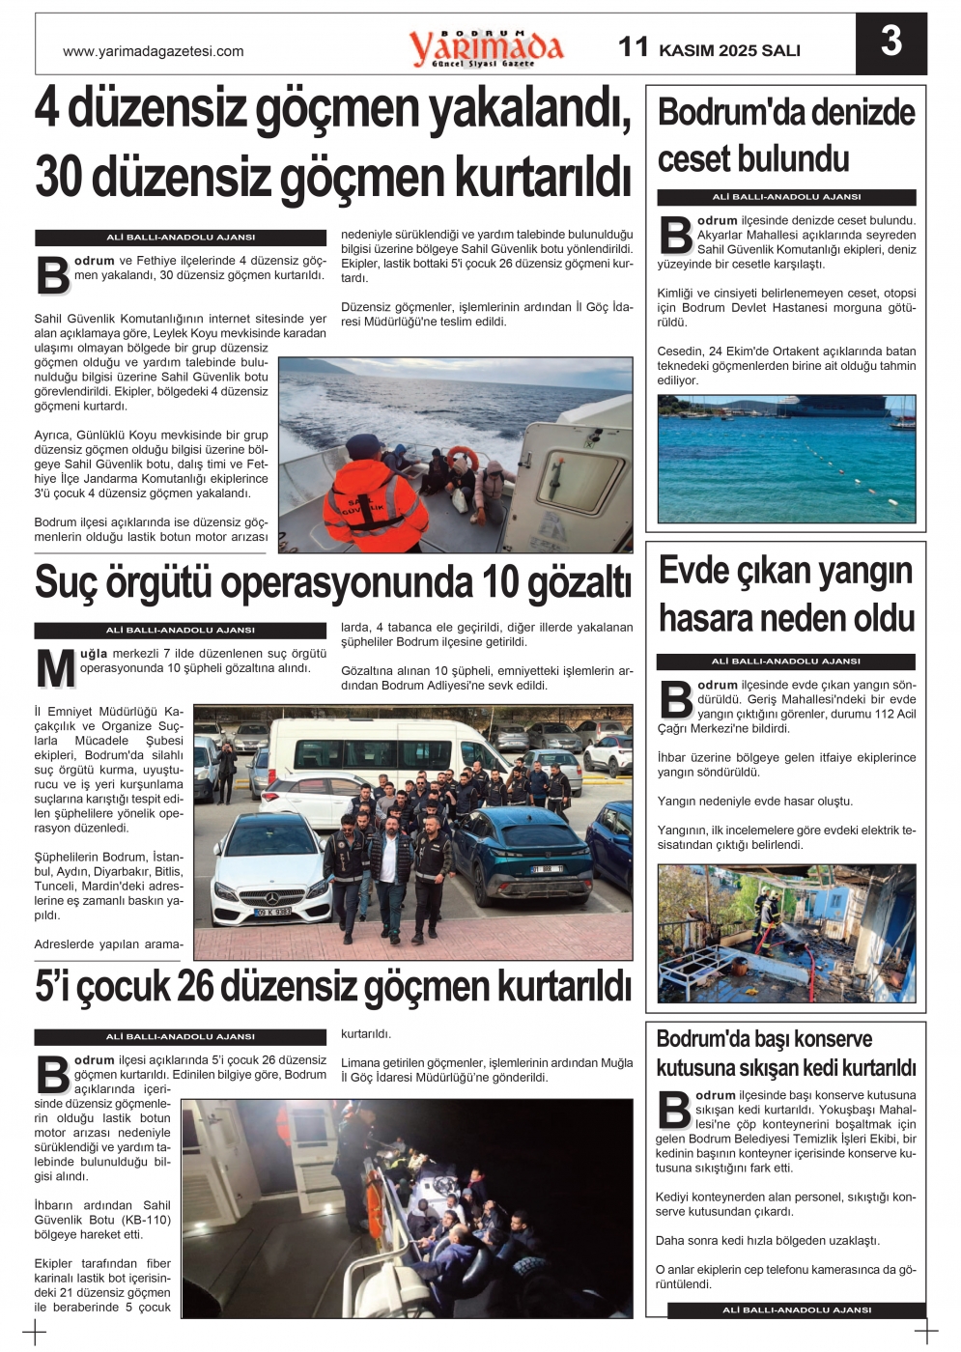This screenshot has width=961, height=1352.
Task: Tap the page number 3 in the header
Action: point(890,42)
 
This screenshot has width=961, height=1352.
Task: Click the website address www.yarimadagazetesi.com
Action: point(153,51)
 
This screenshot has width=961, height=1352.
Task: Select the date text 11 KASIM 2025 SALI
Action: point(710,48)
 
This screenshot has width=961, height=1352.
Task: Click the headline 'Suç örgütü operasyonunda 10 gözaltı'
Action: point(333,583)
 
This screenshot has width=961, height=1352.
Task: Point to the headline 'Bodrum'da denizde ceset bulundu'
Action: point(786,135)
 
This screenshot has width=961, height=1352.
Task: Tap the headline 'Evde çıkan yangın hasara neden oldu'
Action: point(786,594)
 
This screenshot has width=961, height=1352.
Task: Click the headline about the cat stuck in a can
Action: point(786,1053)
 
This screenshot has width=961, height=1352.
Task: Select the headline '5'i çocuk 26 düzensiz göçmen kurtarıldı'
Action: point(333,987)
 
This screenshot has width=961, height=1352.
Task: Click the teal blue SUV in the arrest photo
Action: point(522,850)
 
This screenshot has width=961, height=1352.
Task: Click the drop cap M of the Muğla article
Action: point(55,668)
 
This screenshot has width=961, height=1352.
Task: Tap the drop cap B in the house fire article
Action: point(675,700)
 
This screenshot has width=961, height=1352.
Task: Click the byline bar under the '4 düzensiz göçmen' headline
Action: point(181,238)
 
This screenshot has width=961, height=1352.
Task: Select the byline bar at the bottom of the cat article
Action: point(797,1310)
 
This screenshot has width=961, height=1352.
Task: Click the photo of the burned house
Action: point(786,933)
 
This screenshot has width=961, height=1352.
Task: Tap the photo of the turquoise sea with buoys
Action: point(786,459)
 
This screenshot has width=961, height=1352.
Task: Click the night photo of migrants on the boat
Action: point(407,1208)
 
